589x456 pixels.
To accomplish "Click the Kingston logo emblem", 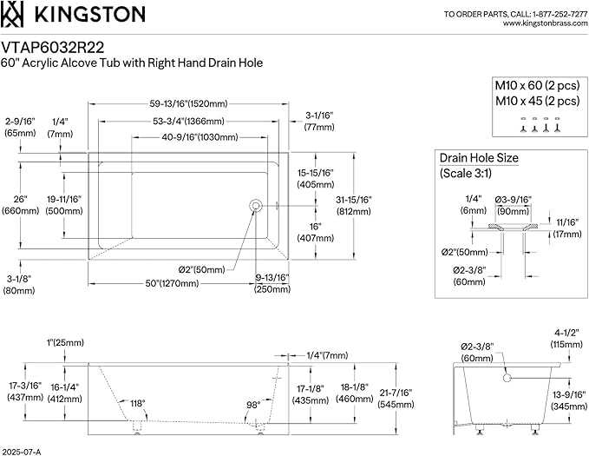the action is [11, 14].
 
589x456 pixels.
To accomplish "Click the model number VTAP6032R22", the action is [52, 48].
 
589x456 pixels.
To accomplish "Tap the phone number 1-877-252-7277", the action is [560, 14].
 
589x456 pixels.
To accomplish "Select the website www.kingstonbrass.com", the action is [545, 23].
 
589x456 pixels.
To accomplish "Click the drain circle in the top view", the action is [255, 206].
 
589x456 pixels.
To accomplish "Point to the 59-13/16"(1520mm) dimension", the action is [188, 104].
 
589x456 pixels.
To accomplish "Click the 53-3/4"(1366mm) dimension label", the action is [188, 121].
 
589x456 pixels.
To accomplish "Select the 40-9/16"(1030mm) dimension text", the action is [200, 137].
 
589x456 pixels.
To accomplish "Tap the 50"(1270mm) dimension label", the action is [172, 283].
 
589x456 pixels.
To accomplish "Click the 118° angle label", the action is [137, 403].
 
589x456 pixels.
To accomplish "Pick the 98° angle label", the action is [253, 405].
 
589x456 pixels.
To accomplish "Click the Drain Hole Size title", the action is [479, 158].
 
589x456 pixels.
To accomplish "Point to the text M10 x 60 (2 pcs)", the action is [538, 85].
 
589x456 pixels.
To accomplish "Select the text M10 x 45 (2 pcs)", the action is [538, 101].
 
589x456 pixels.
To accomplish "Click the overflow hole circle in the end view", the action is [507, 377].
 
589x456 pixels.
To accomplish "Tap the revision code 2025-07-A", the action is [21, 452].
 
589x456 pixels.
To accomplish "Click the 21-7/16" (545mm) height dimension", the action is [396, 399].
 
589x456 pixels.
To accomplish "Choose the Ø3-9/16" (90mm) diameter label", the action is [514, 206].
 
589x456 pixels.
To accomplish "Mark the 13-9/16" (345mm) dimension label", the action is [569, 400].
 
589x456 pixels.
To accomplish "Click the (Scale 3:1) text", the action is [466, 173].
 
